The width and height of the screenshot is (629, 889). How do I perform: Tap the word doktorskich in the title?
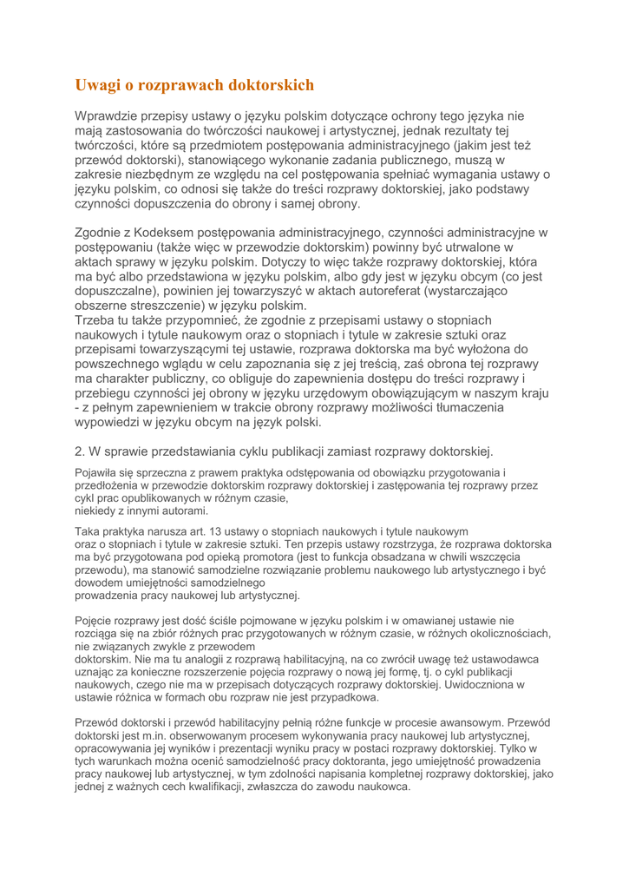point(269,85)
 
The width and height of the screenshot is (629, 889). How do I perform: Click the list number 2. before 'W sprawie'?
point(79,451)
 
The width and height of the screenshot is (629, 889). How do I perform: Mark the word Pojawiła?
point(98,473)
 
